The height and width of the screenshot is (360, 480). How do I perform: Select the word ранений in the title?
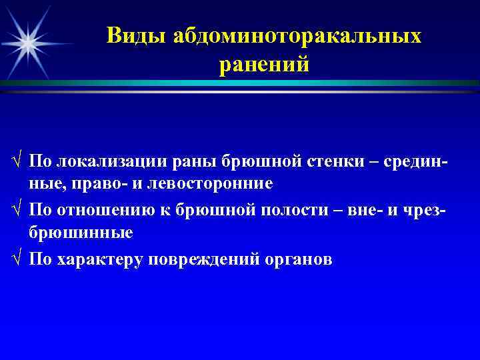point(263,65)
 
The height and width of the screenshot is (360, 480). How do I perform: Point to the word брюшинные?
point(81,233)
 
